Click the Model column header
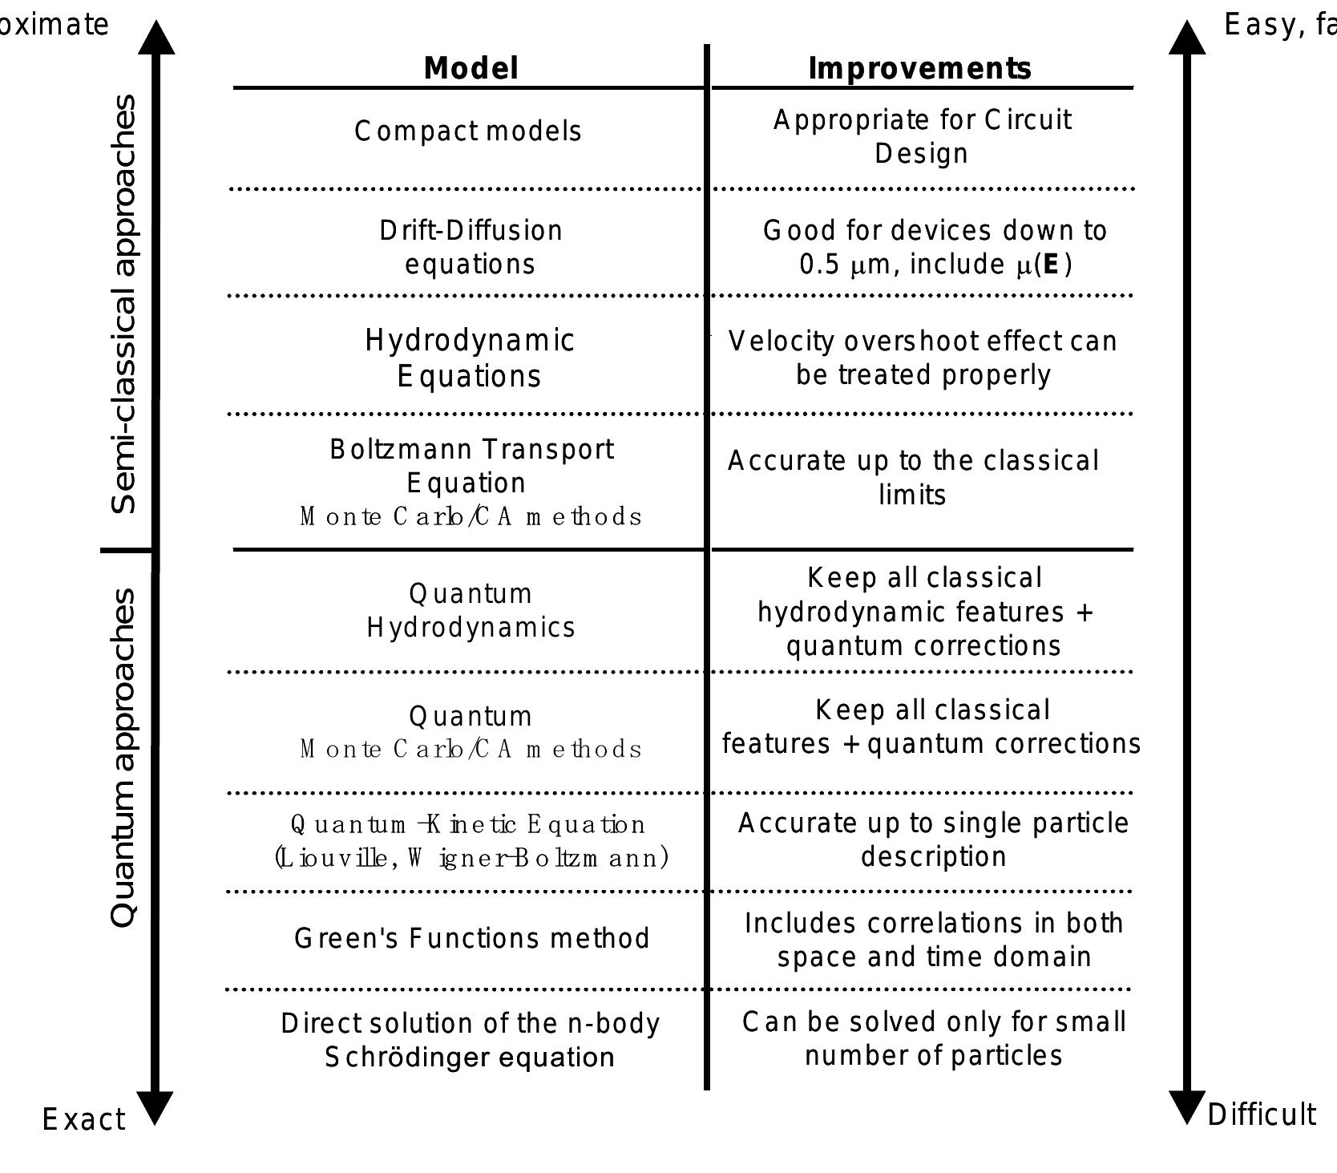point(471,68)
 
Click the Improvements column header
point(919,68)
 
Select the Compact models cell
point(468,131)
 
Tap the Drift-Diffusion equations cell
point(471,247)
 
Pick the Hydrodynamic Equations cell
point(470,358)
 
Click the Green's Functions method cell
point(472,938)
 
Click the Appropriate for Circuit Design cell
point(922,136)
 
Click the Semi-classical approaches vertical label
point(124,305)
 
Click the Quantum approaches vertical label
point(124,758)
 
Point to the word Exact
point(83,1119)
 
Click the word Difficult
point(1261,1114)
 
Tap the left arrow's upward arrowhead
point(156,38)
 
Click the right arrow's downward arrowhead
point(1187,1107)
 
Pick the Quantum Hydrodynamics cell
point(471,610)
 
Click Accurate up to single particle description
point(933,839)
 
